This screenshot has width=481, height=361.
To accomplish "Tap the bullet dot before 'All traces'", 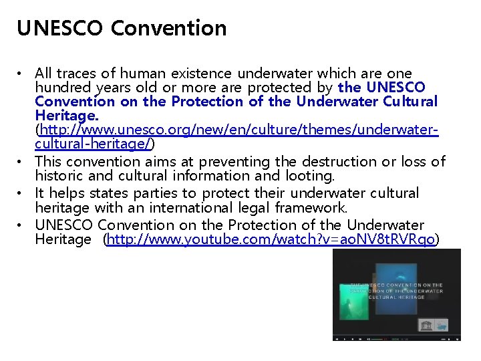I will [x=23, y=73].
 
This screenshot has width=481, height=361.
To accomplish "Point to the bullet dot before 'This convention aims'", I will [x=23, y=162].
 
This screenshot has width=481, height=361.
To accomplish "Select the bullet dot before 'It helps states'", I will [x=23, y=193].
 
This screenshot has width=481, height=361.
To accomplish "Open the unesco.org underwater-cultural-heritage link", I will [x=237, y=130].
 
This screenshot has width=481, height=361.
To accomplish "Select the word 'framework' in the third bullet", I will [x=315, y=208].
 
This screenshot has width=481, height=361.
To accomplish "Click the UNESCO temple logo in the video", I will [x=426, y=325].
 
